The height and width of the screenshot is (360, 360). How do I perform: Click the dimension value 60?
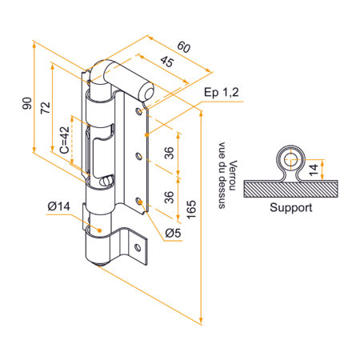point(184,48)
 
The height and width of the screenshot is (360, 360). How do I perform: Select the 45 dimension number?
point(167,62)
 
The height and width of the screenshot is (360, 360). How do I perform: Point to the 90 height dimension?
point(26,104)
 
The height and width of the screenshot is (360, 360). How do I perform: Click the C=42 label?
point(63,138)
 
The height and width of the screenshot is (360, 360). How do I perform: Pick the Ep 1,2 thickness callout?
point(222,94)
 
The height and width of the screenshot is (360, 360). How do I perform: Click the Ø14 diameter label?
point(60,207)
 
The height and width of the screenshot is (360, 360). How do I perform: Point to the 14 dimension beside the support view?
point(315,167)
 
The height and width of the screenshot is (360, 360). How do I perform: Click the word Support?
point(290,209)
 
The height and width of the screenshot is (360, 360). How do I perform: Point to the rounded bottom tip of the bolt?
point(98,266)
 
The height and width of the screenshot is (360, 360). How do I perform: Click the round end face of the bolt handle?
point(147,93)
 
